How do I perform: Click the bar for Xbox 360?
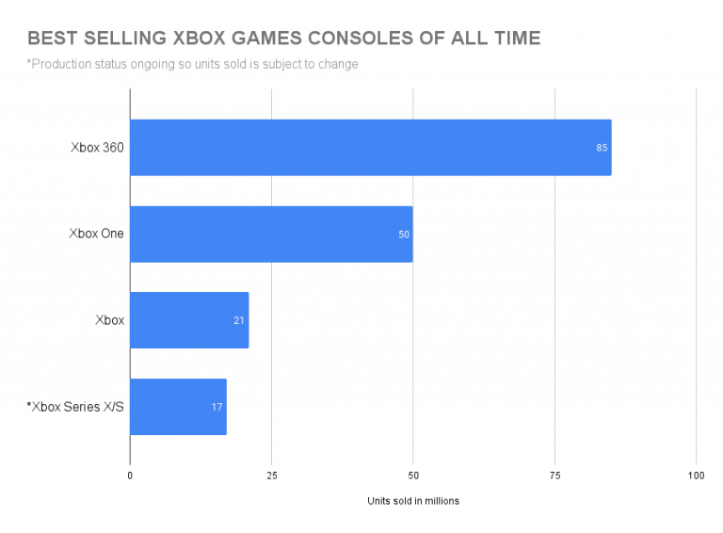pos(370,148)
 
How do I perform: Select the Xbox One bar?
pos(271,234)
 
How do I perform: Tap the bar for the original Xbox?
pos(188,320)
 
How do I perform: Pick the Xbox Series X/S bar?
pos(178,407)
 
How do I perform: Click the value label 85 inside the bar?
pos(602,148)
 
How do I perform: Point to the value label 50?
pos(404,234)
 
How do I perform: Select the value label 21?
pos(239,320)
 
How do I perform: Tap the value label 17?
pos(217,407)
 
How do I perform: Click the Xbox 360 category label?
pos(96,148)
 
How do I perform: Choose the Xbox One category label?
pos(96,234)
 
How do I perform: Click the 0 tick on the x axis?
pos(130,476)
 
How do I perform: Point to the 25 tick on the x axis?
pos(271,476)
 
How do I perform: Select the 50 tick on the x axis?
pos(412,476)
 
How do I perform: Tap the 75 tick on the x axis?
pos(554,476)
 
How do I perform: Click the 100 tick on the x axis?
pos(696,476)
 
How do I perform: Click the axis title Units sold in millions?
pos(412,501)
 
